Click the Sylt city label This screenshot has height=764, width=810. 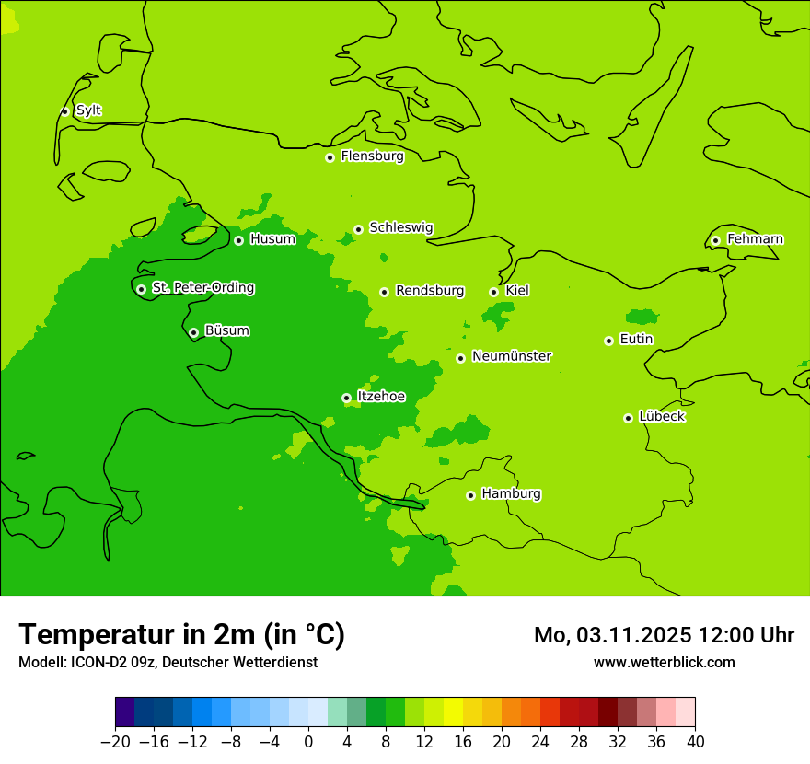pos(88,110)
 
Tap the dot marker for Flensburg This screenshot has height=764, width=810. pos(330,157)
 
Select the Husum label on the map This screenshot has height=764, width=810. pos(272,239)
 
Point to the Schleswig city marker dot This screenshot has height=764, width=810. pos(358,229)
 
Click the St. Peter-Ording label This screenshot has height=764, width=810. pos(202,288)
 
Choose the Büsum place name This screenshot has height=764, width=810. pos(226,330)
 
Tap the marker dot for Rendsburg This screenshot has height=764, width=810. pos(384,292)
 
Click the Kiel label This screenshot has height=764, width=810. pos(517,291)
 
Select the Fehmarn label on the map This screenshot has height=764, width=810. pos(755,239)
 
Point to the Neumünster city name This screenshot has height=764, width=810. pos(512,356)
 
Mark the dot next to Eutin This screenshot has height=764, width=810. pos(608,341)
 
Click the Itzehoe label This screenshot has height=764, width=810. pos(381,397)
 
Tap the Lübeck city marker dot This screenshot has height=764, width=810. pos(628,418)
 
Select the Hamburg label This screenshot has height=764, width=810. pos(511,494)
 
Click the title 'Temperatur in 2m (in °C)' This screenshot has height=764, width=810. pos(181,634)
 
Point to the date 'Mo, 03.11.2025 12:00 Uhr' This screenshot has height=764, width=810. pos(664,635)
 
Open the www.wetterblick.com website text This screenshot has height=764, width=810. pos(664,663)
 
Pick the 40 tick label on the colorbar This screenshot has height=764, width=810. pos(695,742)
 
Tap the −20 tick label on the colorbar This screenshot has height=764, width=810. pos(115,742)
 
